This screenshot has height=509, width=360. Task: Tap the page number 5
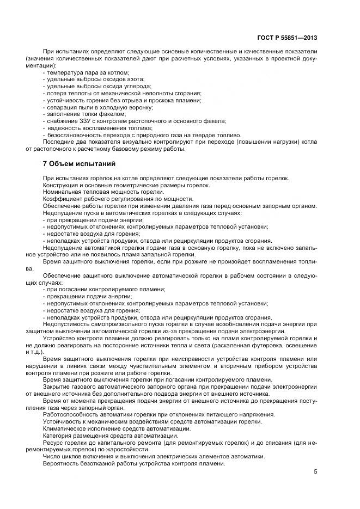pyautogui.click(x=315, y=473)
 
